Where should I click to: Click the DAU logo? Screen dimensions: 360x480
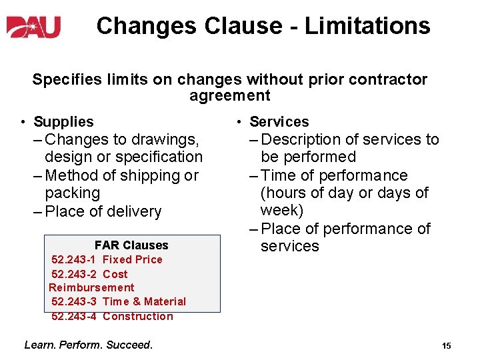34,27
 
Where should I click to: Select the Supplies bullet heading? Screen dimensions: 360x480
63,121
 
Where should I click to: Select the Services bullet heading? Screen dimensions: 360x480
279,121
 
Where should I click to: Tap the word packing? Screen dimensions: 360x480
72,193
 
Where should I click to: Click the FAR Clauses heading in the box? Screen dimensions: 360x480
131,245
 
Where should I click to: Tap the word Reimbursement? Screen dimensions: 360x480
91,287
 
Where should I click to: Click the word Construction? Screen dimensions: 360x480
137,316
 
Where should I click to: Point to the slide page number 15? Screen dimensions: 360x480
446,345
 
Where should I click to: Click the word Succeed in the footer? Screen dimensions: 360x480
131,345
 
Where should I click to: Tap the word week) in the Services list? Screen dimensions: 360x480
281,211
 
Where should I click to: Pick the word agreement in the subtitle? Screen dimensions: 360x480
229,95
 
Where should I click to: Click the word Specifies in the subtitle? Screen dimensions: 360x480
62,79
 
